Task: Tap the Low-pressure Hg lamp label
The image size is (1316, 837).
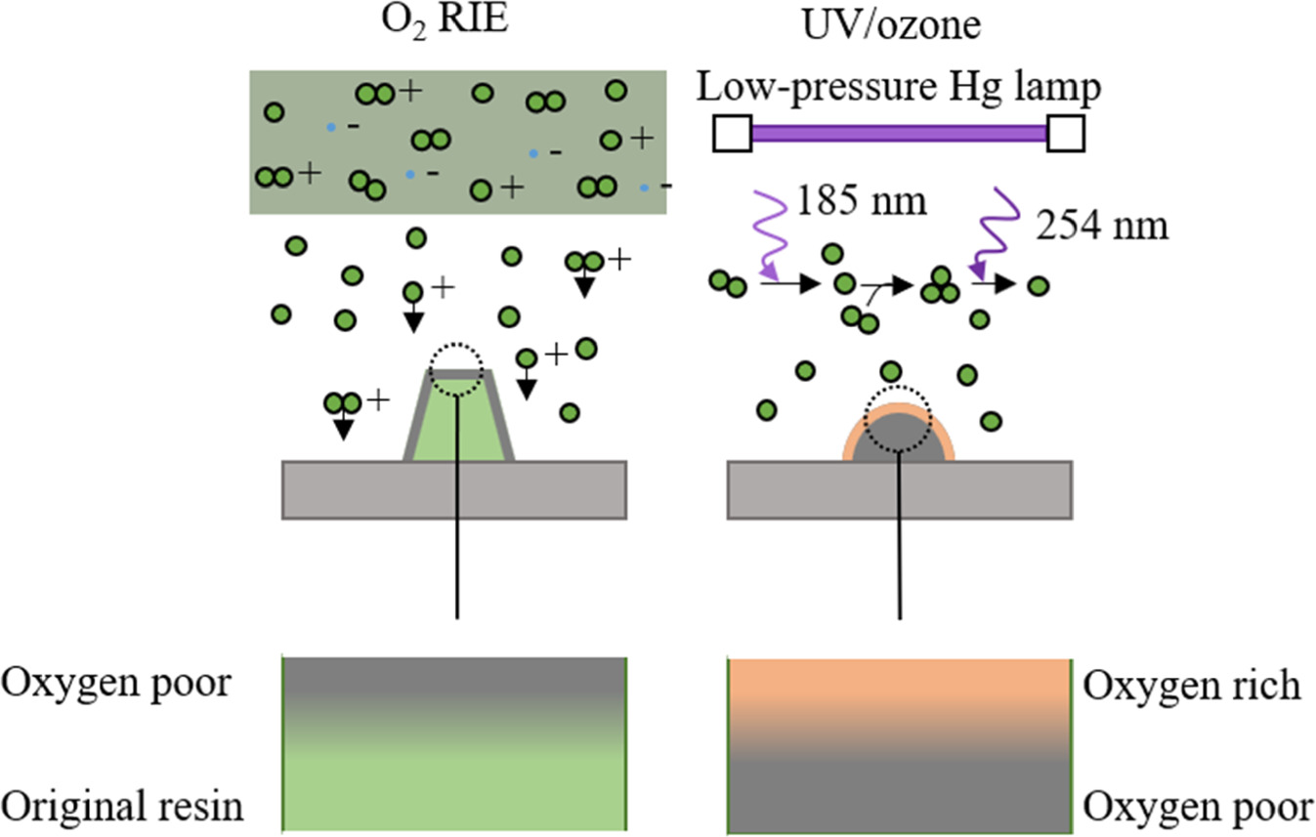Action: (x=899, y=88)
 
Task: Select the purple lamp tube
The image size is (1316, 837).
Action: (x=899, y=134)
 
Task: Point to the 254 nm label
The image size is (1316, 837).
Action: (x=1101, y=228)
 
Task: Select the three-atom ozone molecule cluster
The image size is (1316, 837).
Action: (x=942, y=284)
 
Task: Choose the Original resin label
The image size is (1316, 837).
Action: (x=122, y=808)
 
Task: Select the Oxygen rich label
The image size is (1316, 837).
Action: (x=1192, y=686)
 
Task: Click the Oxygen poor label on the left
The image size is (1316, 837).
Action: (x=116, y=683)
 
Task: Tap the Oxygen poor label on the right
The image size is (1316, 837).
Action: (x=1198, y=808)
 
